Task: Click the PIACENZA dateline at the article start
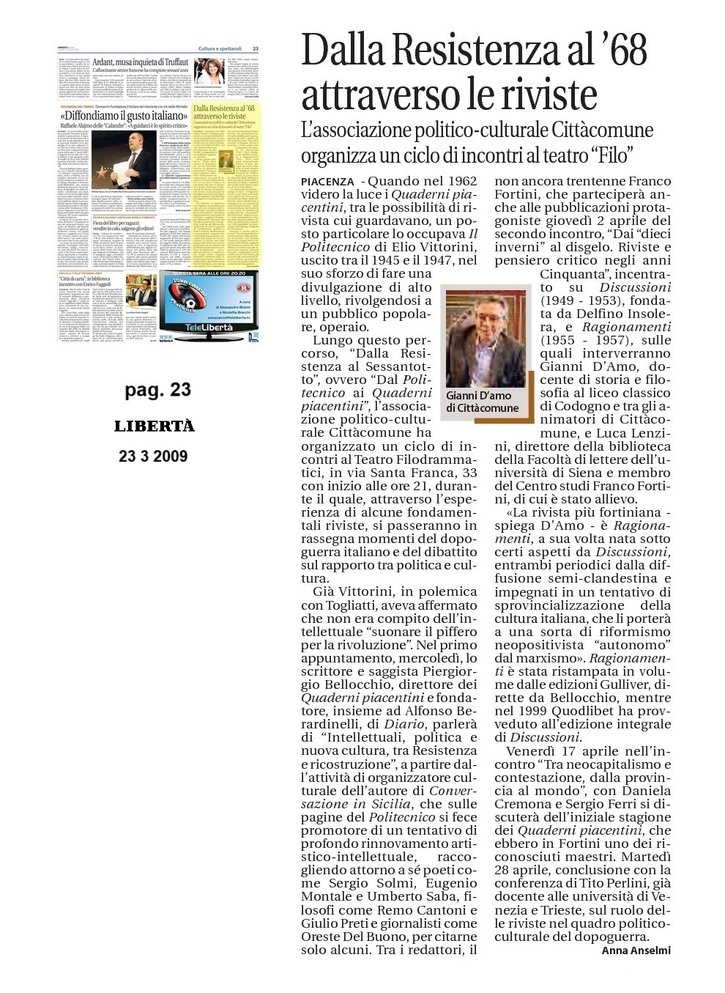pos(328,181)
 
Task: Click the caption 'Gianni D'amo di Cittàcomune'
pos(483,402)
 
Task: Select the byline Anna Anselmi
pos(636,950)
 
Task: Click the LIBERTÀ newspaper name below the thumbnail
pos(155,427)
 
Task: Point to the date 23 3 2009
pos(153,456)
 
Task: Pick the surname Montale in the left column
pos(330,898)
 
